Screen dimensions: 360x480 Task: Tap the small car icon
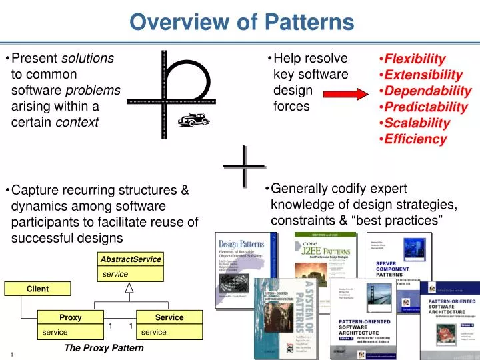193,119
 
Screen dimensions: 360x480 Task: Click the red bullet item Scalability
417,123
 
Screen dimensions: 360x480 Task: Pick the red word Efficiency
415,139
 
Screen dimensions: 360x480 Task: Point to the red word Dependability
427,91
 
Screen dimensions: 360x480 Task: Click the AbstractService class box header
131,259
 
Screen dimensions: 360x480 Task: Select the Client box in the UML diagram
37,289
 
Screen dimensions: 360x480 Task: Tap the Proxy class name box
71,317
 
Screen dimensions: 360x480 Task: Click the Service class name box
169,317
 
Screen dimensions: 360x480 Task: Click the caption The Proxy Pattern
103,348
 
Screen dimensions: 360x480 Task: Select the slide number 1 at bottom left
12,354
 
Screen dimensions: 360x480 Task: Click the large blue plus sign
241,165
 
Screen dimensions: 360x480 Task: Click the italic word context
77,123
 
